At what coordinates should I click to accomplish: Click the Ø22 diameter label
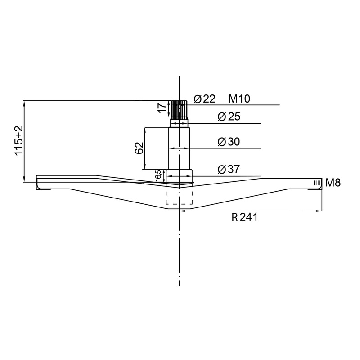205,99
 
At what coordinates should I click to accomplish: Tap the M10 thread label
239,99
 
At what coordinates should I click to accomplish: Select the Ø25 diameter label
229,117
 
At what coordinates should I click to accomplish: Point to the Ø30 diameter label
229,142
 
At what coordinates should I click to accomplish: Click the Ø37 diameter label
229,169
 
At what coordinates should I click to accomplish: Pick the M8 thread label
333,183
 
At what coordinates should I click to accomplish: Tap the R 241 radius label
244,217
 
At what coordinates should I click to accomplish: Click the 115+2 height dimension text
19,141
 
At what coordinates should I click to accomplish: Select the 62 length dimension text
139,148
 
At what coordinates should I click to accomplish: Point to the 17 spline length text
162,108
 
